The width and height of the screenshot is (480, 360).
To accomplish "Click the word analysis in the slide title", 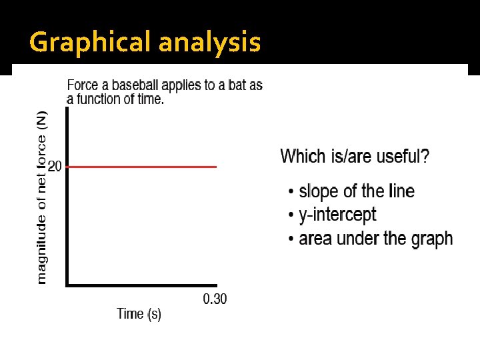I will coord(209,43).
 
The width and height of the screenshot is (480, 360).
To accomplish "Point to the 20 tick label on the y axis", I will coord(55,167).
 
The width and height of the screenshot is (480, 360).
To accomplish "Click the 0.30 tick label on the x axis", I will coord(215,299).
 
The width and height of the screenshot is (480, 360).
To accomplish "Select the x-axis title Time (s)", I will coord(139,313).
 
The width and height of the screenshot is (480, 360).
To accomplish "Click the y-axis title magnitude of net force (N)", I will coord(41,197).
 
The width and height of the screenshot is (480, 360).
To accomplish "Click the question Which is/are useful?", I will coord(355,157).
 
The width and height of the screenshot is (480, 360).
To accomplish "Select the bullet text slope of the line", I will coord(356,192).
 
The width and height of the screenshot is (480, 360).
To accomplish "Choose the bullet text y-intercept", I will coord(337,215).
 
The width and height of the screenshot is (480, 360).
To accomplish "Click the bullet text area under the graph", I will coord(375,239).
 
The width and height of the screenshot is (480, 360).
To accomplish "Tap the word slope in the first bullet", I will coord(318,192).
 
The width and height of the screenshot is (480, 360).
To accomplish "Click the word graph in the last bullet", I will coord(432,239).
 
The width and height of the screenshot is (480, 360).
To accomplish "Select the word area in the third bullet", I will coord(315,239).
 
